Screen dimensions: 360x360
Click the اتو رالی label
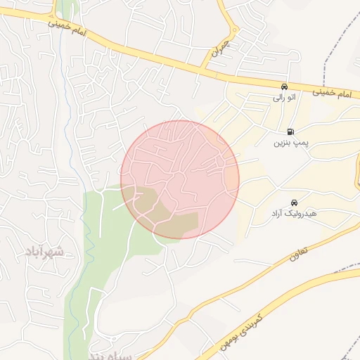point(284,98)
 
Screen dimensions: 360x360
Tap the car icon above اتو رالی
point(284,86)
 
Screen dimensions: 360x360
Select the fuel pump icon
point(290,131)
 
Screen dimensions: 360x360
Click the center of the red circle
point(180,179)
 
